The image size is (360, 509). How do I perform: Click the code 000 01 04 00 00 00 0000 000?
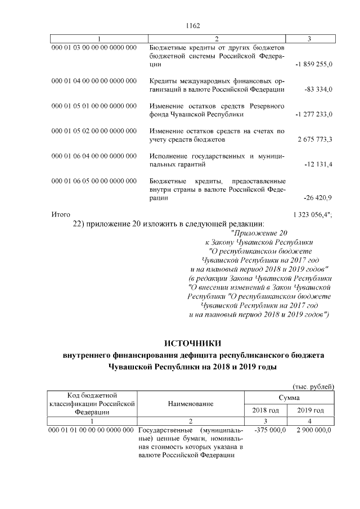point(94,81)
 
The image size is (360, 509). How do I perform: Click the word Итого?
point(60,215)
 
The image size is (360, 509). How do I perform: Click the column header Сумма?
point(289,398)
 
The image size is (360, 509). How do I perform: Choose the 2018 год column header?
point(267,411)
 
